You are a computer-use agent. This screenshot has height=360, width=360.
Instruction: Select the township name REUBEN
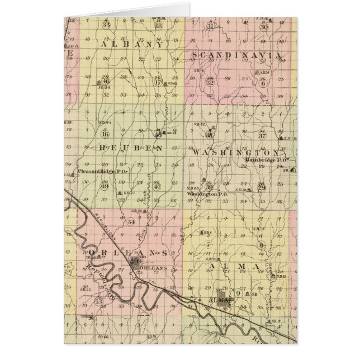[131, 148]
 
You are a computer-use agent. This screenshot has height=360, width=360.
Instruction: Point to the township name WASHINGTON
[235, 152]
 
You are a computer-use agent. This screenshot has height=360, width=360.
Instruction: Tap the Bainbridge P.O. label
[266, 160]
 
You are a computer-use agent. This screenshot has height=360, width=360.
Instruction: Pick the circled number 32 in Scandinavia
[210, 83]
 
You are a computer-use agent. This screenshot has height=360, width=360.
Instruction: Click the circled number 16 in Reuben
[104, 134]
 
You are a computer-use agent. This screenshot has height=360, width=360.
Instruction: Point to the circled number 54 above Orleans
[131, 222]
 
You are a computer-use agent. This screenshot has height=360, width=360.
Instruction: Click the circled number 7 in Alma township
[208, 244]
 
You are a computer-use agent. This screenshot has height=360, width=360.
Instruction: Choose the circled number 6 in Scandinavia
[262, 83]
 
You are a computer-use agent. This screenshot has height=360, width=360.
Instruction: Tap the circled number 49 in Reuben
[105, 186]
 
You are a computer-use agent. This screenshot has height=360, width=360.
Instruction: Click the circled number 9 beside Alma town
[239, 293]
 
